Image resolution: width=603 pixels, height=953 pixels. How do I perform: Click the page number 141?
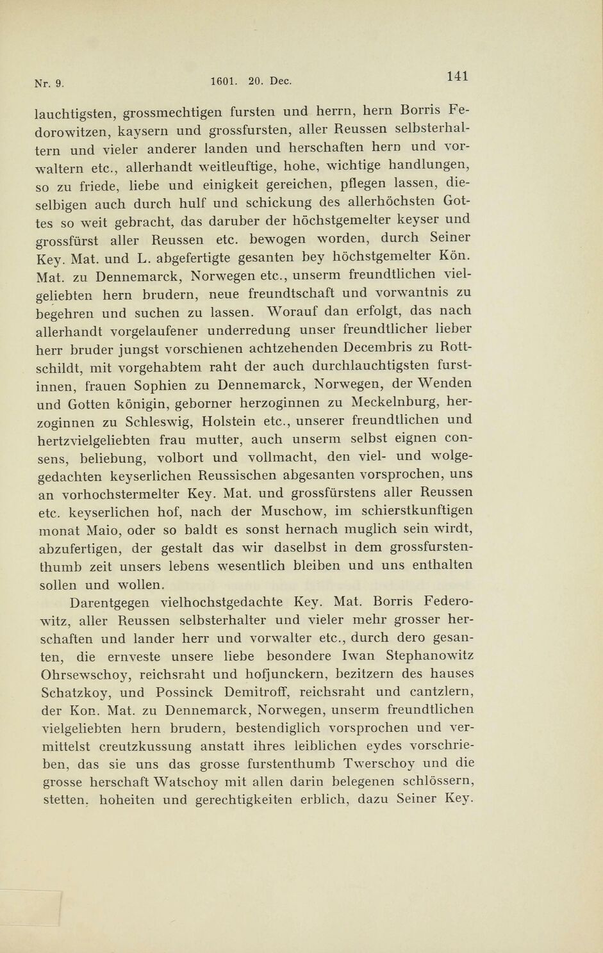(x=458, y=76)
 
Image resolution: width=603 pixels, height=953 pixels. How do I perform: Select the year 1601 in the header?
(x=222, y=81)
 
